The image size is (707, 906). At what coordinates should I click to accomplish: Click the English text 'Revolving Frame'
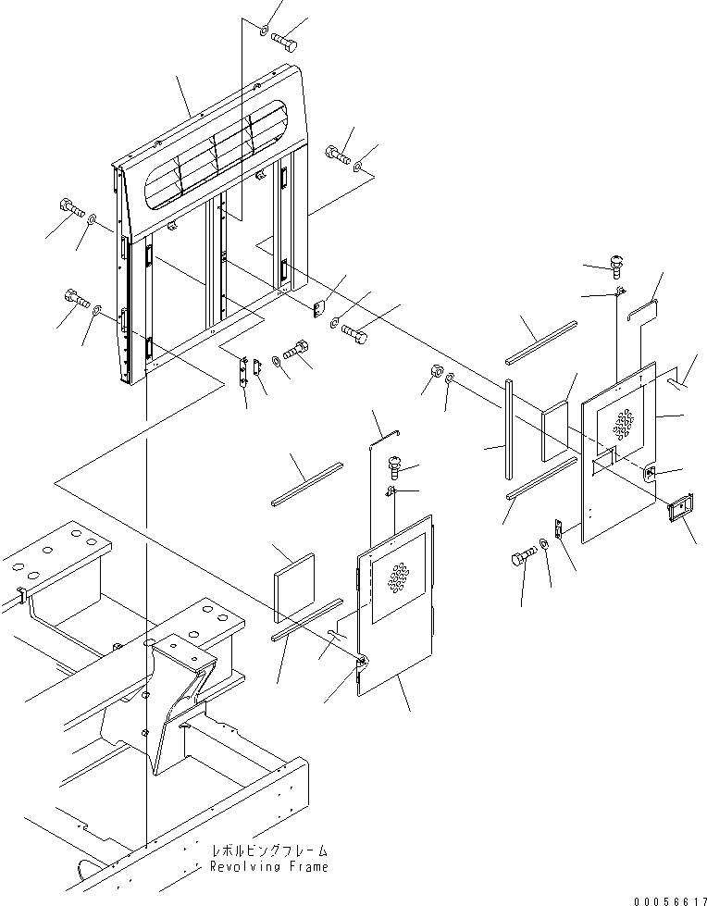pos(268,867)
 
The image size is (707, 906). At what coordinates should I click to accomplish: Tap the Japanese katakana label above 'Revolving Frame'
pos(269,850)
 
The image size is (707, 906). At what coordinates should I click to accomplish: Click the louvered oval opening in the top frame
pos(222,153)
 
